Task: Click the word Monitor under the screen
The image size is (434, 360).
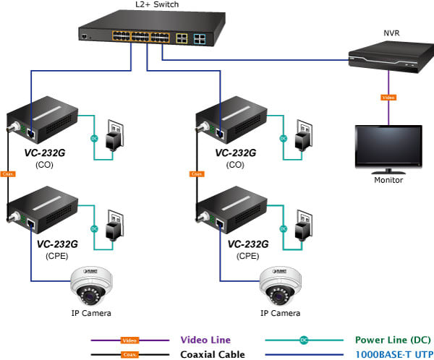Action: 388,181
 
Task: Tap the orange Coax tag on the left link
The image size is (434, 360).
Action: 8,173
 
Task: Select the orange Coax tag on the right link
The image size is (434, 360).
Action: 196,173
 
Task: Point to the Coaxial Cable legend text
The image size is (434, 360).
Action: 209,354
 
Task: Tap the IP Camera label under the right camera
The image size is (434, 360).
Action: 280,314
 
